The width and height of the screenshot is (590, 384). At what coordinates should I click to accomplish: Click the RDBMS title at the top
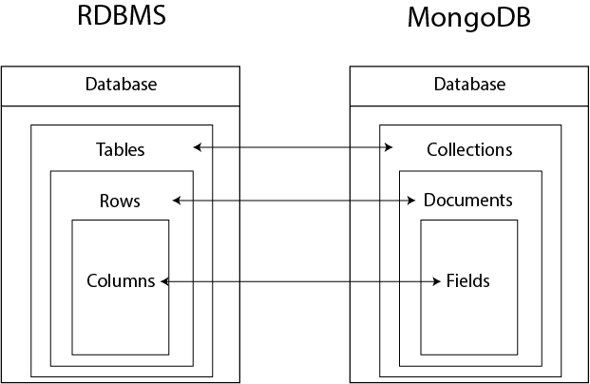(x=121, y=17)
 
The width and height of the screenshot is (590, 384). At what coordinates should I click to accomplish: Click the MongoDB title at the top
(x=469, y=18)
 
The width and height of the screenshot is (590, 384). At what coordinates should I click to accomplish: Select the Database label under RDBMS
(x=121, y=85)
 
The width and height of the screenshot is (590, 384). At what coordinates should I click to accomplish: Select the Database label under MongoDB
(x=469, y=85)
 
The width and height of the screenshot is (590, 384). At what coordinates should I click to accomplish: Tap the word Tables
(x=121, y=149)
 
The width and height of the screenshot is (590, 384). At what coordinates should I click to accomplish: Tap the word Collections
(x=469, y=149)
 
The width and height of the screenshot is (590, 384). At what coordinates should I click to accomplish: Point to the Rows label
(x=120, y=201)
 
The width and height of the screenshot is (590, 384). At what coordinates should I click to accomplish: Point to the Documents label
(x=468, y=201)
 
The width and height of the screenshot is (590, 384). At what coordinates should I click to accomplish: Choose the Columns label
(x=121, y=281)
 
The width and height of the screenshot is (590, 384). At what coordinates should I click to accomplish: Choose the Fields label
(x=468, y=281)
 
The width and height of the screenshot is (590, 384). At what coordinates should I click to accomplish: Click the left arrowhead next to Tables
(x=197, y=147)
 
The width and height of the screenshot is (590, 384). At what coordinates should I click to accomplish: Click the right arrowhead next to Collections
(x=390, y=147)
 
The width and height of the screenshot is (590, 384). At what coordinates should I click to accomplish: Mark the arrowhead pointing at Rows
(x=177, y=201)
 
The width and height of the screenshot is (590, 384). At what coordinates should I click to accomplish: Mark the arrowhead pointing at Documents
(x=412, y=201)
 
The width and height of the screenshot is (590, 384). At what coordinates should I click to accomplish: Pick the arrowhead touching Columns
(x=164, y=281)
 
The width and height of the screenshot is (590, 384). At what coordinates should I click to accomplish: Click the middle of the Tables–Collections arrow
(x=294, y=147)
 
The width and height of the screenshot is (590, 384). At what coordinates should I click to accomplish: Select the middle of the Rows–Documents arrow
(x=295, y=201)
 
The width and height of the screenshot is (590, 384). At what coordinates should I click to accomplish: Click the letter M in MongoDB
(x=419, y=18)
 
